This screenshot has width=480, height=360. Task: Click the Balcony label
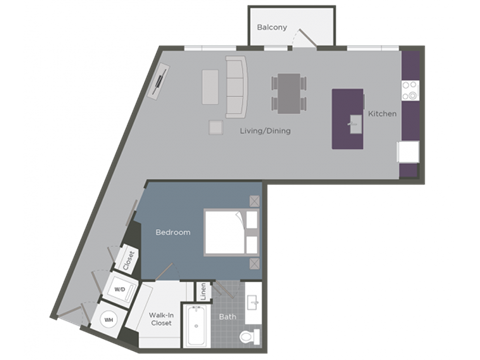(273, 27)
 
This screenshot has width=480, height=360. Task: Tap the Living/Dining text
(265, 131)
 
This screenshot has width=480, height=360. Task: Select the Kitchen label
(382, 114)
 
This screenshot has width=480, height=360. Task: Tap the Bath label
(228, 317)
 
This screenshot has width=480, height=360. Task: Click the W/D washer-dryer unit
(119, 289)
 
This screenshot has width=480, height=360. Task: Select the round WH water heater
(108, 320)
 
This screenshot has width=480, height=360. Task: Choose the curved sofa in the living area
(236, 86)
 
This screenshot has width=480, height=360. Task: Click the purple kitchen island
(349, 118)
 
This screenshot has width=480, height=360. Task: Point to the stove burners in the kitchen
(409, 91)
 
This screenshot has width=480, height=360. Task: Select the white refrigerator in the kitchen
(408, 152)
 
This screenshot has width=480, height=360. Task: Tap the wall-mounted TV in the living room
(160, 80)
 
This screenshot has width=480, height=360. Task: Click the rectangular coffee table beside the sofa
(211, 86)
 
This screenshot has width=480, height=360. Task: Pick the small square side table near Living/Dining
(215, 127)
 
